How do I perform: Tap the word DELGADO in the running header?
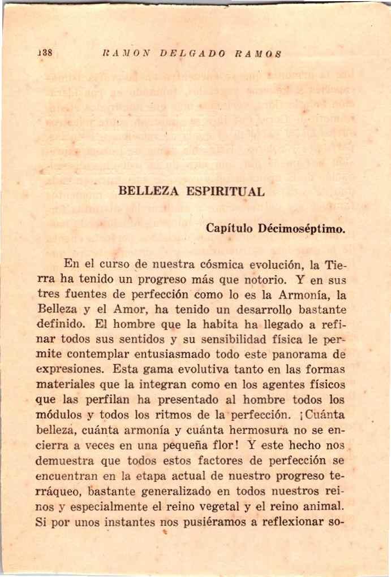[x=192, y=54]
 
